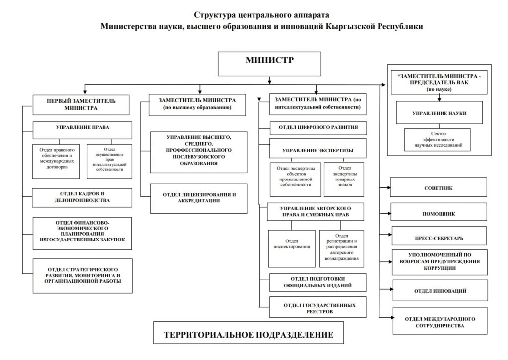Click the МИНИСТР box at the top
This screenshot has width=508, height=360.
point(269,63)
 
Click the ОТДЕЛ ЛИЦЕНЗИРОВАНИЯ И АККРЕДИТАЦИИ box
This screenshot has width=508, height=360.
point(198,197)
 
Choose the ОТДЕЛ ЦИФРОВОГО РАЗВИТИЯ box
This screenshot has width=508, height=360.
point(318,128)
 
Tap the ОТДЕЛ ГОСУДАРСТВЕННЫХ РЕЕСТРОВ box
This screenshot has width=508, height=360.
point(318,307)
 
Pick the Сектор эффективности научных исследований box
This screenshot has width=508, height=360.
point(438,139)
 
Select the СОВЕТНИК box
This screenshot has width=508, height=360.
point(439,188)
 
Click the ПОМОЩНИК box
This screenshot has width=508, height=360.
point(439,214)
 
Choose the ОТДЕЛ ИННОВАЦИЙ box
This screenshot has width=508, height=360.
point(439,291)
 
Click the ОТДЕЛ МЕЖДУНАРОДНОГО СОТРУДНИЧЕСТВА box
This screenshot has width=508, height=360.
point(439,322)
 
